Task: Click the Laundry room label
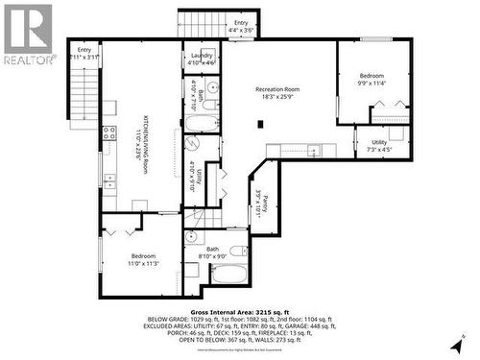[x=202, y=60]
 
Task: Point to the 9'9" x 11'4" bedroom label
[x=372, y=80]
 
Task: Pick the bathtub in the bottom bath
[x=228, y=275]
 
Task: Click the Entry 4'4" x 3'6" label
[x=240, y=28]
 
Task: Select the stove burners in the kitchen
[x=108, y=179]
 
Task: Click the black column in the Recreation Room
[x=260, y=123]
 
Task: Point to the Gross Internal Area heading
[x=241, y=312]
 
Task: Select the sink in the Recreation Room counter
[x=312, y=150]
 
